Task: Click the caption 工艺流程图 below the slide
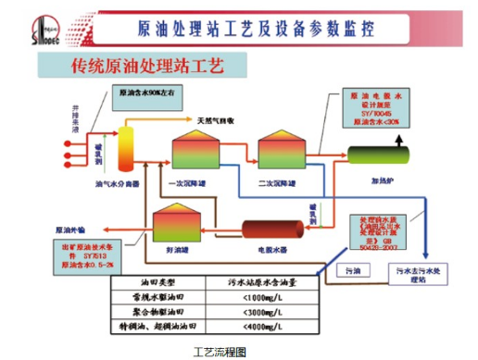point(218,351)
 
